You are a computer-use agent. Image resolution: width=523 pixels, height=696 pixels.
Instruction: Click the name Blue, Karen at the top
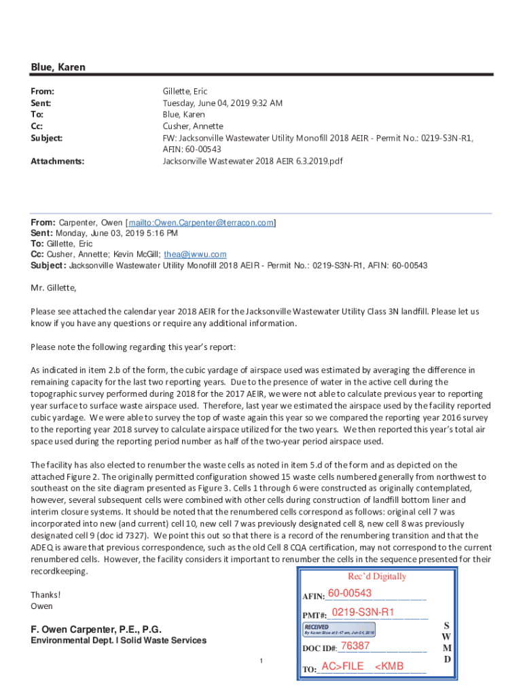pyautogui.click(x=58, y=67)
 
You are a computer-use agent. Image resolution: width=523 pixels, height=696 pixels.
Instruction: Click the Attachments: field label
pyautogui.click(x=58, y=161)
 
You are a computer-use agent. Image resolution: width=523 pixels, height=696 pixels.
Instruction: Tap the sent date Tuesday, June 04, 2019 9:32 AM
pyautogui.click(x=222, y=103)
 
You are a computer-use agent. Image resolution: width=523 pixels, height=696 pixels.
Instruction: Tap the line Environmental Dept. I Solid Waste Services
pyautogui.click(x=118, y=640)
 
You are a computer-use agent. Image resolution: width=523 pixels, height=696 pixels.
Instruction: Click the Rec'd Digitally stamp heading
pyautogui.click(x=367, y=576)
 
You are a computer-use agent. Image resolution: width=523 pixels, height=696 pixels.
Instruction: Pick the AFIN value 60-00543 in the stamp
pyautogui.click(x=349, y=594)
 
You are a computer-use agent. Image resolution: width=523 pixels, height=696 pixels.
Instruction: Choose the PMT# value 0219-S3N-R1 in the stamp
pyautogui.click(x=363, y=612)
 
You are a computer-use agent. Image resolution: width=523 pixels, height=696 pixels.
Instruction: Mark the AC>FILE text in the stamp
pyautogui.click(x=342, y=666)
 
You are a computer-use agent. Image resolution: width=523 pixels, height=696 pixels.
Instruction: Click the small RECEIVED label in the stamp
pyautogui.click(x=317, y=627)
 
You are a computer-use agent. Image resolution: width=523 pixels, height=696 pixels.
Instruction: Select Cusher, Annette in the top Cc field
pyautogui.click(x=192, y=126)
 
